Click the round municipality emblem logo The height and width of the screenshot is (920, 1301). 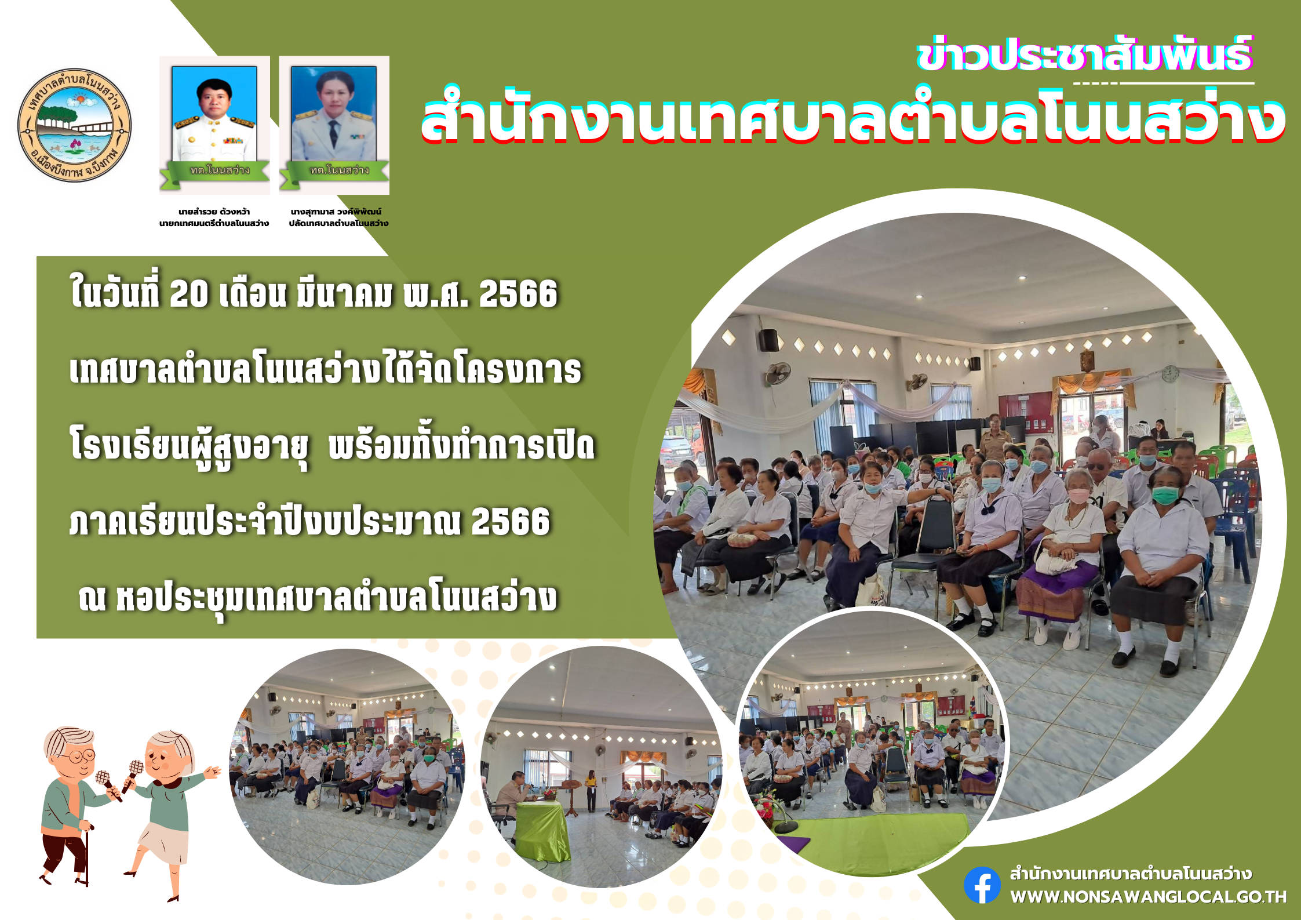click(x=74, y=125)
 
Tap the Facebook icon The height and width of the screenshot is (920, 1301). click(x=982, y=885)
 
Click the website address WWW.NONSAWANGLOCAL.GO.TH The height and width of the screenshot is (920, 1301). click(x=1149, y=897)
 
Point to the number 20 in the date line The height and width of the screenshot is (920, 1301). click(x=189, y=294)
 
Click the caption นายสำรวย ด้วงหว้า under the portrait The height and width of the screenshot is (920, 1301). click(x=214, y=212)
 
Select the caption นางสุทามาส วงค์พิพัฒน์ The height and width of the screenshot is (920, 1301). click(x=336, y=212)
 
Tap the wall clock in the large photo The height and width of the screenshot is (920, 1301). click(x=1170, y=374)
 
